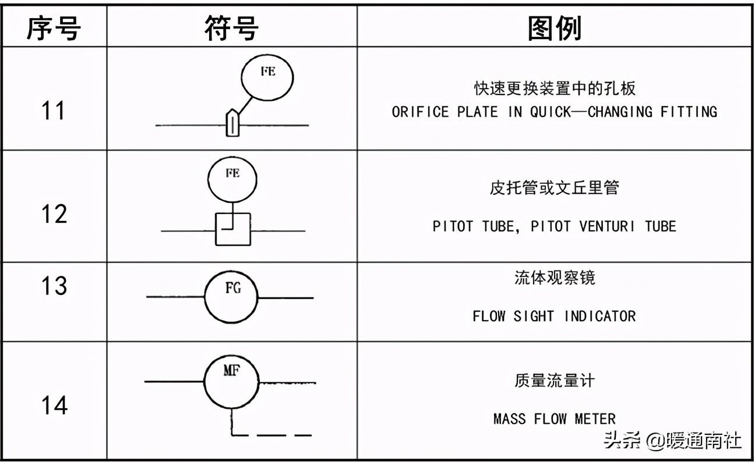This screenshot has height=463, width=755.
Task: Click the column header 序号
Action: coord(54,28)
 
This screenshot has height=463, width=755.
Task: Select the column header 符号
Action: coord(231,28)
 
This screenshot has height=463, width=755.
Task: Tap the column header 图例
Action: coord(555,29)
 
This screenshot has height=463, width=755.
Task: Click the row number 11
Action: coord(53,110)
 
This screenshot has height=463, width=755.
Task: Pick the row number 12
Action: coord(54,214)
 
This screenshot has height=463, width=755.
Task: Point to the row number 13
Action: coord(54,286)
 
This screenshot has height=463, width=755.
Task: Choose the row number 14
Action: coord(55,405)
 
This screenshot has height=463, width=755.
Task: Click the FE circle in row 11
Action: coord(267,78)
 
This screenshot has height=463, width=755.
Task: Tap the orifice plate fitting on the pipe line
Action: coord(232,122)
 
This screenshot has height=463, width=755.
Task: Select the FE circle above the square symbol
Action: coord(232,180)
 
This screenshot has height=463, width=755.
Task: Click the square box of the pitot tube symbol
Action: coord(233,229)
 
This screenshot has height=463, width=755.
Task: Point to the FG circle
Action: coord(231,297)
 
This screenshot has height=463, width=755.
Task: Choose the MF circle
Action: coord(231,382)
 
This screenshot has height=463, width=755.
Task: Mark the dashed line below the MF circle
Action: coord(271,436)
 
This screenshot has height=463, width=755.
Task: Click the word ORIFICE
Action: coord(420,112)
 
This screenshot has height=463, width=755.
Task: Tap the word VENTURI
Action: coord(606,226)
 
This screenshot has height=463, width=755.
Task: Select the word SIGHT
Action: coord(534,316)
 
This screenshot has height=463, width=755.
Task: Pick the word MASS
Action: coord(510,419)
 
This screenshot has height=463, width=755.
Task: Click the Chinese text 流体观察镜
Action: coord(555,278)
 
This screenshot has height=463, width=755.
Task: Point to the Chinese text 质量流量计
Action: coord(555,381)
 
